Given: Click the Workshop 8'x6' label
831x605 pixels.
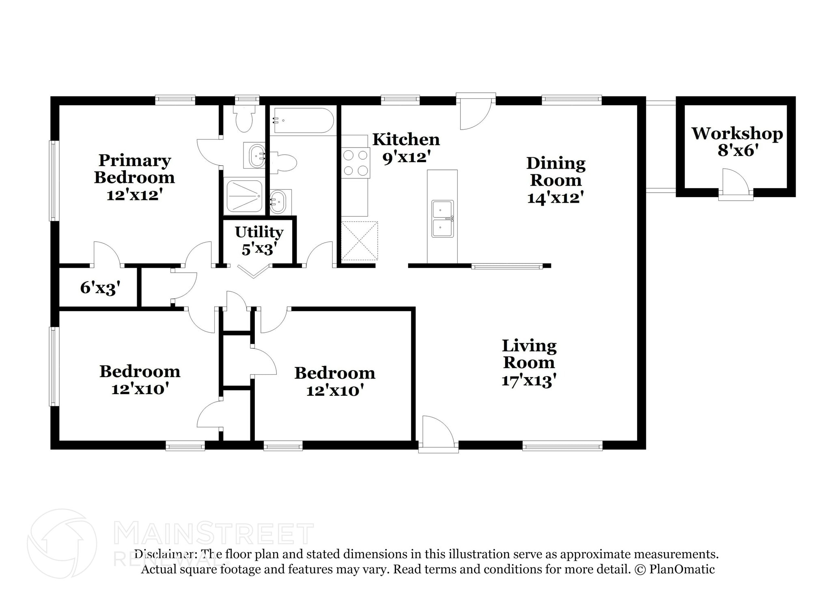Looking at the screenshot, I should click(x=737, y=141).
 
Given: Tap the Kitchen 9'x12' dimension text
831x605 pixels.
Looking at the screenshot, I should click(x=406, y=157).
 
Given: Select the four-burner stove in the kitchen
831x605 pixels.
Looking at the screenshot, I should click(x=355, y=163).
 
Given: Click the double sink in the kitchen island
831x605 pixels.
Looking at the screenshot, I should click(x=442, y=218).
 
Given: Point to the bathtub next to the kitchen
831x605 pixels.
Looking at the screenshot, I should click(x=303, y=120).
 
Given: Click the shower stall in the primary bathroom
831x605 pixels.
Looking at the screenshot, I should click(x=244, y=196).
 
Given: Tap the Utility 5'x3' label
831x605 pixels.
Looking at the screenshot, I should click(x=259, y=241).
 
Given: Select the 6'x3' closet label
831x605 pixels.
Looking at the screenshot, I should click(x=100, y=288).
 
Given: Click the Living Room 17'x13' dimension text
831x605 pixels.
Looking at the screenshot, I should click(x=528, y=381).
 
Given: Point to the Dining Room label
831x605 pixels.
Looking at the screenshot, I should click(x=555, y=171).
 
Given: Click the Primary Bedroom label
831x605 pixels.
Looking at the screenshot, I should click(x=134, y=169).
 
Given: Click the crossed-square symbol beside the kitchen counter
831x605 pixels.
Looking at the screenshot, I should click(x=360, y=241).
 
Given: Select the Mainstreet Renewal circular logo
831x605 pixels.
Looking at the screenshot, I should click(x=62, y=543).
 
